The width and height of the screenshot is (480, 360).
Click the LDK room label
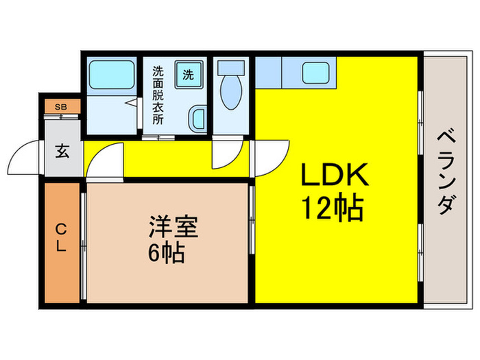point(335,176)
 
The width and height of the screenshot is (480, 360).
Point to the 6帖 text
point(165,254)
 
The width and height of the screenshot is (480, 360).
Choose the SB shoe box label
point(61,106)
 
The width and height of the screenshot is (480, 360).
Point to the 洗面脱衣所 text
point(158,93)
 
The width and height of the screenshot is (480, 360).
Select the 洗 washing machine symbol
point(188,74)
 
